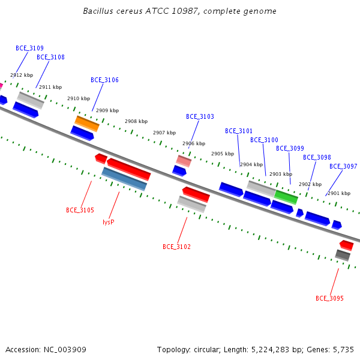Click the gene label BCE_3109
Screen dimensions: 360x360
(29, 48)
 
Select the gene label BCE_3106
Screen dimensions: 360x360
(104, 80)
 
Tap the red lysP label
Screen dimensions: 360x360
(109, 222)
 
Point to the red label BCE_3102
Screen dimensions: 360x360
(176, 247)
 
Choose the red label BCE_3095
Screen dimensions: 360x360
(329, 298)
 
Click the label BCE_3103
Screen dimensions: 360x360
(200, 116)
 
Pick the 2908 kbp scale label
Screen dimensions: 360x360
(136, 121)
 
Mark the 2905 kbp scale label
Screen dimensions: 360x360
(223, 154)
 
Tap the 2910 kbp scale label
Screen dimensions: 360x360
(79, 98)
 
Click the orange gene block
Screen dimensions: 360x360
(87, 124)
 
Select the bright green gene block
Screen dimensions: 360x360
(286, 197)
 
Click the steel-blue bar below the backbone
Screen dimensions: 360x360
(124, 179)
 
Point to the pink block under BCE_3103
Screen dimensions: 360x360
(184, 161)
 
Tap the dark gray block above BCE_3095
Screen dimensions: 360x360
(343, 256)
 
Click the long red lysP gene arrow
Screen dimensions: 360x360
(129, 169)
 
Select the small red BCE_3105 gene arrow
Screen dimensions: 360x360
(101, 158)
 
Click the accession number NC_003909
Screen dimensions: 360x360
(65, 350)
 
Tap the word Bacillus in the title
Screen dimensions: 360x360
(98, 11)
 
